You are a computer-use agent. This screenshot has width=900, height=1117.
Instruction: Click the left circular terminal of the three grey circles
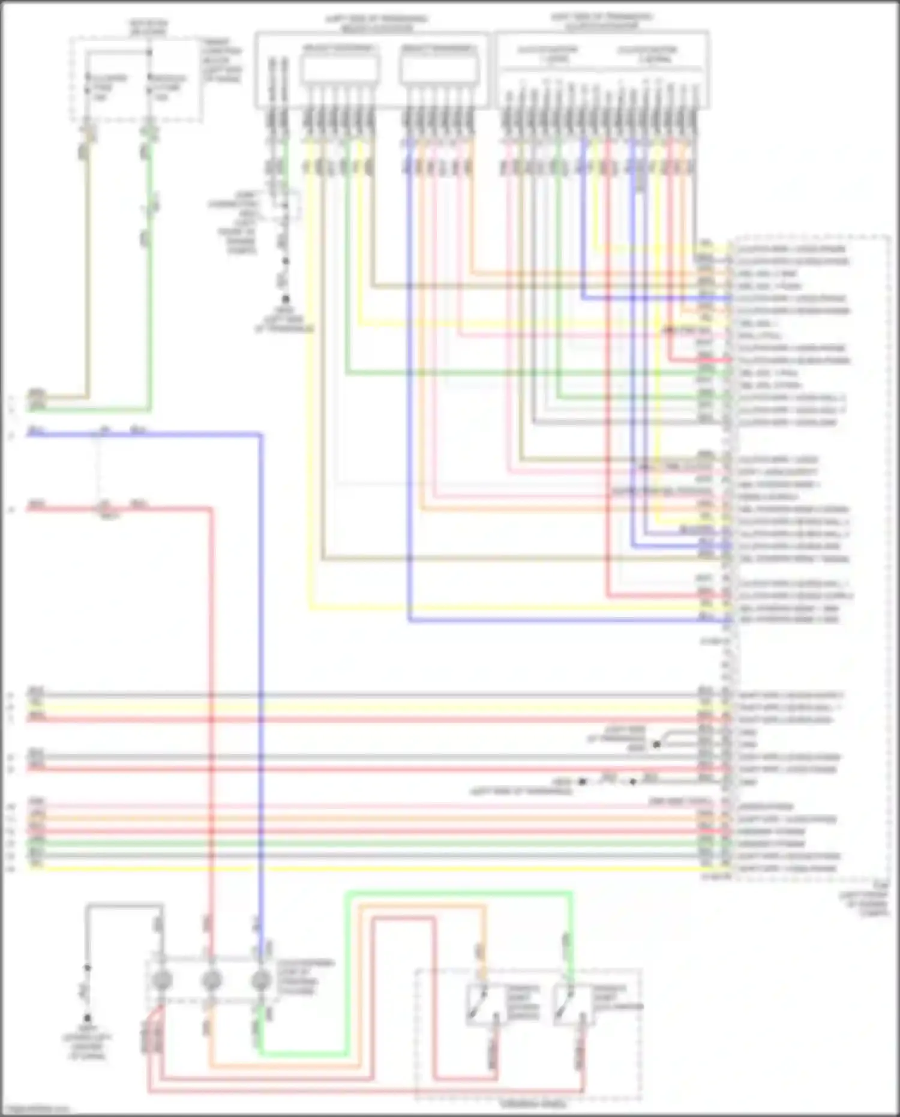coord(161,980)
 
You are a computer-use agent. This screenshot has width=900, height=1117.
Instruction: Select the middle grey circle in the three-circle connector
coord(211,980)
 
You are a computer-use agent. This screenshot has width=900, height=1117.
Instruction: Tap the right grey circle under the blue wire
coord(261,980)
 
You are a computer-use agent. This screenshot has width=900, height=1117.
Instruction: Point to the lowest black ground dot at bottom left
coord(87,1018)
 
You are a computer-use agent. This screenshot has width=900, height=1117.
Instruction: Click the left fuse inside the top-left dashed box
coord(88,85)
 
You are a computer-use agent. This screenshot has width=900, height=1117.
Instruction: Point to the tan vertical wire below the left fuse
coord(88,270)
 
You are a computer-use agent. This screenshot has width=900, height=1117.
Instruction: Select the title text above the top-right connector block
coord(602,22)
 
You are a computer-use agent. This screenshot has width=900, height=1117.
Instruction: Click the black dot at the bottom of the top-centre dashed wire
coord(286,298)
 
